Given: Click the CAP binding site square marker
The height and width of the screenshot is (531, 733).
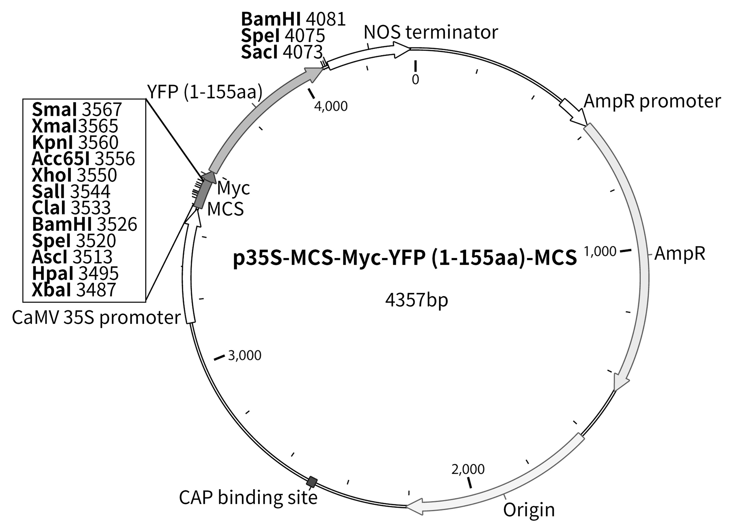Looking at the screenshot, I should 312,482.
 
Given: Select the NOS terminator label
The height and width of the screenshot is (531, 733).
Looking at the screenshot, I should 431,33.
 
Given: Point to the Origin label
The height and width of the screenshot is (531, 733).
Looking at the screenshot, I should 528,510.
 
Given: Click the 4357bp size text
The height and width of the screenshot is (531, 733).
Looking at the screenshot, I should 416,300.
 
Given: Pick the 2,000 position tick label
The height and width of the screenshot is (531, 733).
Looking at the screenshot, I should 468,469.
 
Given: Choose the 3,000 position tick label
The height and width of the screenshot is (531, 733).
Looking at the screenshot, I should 244,355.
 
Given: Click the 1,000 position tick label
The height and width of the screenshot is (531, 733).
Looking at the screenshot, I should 600,251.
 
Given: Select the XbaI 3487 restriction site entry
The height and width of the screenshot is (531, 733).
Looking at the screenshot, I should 74,290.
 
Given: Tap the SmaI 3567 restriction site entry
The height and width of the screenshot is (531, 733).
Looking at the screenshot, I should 77,109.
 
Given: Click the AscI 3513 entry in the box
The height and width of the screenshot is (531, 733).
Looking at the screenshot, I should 72,257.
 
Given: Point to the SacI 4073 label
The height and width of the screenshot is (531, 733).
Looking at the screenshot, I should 281,52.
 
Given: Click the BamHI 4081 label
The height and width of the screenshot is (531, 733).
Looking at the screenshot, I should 293,19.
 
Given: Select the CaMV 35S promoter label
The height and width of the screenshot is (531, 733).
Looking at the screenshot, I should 96,317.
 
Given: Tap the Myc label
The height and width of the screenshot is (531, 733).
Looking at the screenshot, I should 233,188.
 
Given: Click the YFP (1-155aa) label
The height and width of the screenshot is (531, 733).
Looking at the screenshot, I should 205,92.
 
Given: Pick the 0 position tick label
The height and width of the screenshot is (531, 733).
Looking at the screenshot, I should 415,79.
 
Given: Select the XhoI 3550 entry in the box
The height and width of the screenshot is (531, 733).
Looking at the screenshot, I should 74,175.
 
